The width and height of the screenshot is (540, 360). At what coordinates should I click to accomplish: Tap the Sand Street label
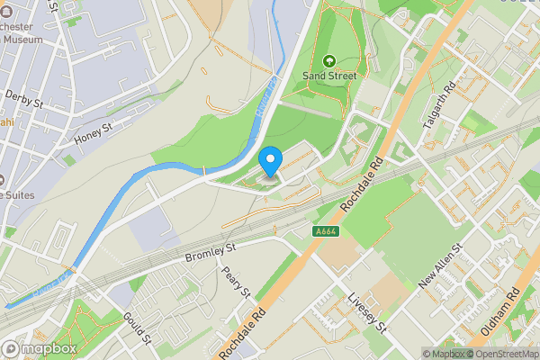[x=328, y=76]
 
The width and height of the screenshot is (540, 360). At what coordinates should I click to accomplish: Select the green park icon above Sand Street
[x=328, y=61]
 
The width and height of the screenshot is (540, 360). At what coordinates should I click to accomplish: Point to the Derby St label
[x=24, y=98]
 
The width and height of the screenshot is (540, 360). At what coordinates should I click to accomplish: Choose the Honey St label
[x=93, y=131]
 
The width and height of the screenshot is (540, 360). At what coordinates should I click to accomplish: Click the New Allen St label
[x=440, y=266]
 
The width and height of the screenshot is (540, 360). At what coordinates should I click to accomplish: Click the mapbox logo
[x=39, y=347]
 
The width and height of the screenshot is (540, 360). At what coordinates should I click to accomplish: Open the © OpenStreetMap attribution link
[x=500, y=353]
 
